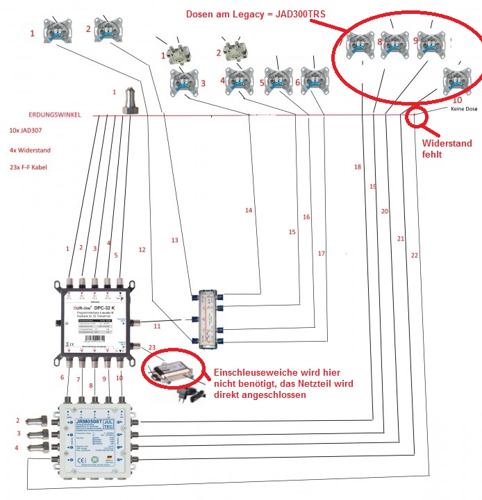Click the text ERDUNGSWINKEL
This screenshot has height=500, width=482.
click(x=55, y=115)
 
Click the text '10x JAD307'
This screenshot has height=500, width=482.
click(x=24, y=130)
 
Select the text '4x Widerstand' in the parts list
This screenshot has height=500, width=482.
click(x=30, y=150)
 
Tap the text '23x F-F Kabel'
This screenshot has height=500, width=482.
click(x=29, y=168)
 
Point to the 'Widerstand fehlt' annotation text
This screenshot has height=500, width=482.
click(x=447, y=149)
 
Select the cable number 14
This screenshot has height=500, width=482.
click(x=249, y=210)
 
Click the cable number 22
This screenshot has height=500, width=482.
click(x=415, y=256)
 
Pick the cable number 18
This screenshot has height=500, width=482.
click(x=357, y=167)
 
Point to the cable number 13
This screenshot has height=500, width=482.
click(x=175, y=240)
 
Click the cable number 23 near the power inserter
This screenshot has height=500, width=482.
click(x=152, y=347)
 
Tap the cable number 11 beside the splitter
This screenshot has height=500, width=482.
click(x=157, y=325)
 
